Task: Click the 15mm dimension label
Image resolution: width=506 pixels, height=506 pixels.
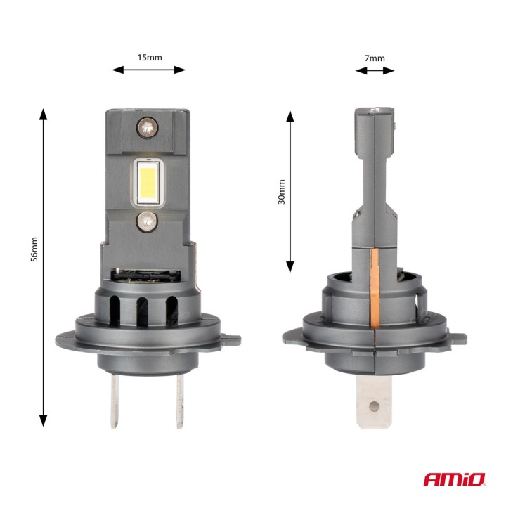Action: point(149,57)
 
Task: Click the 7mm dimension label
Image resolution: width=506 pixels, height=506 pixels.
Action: point(375,58)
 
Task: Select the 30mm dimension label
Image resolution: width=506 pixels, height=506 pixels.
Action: point(280,191)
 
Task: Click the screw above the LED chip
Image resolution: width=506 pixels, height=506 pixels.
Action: point(147,127)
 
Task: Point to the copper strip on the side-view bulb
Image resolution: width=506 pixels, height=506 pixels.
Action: point(374,288)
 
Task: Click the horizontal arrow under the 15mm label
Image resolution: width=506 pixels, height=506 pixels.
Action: point(149,70)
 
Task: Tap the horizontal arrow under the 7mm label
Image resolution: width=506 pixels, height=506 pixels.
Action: point(375,70)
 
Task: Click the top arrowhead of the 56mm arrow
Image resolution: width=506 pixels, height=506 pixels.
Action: point(44,114)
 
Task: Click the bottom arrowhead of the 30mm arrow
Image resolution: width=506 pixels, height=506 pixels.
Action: point(290,268)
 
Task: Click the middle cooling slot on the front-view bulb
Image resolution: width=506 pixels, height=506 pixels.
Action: point(143,309)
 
